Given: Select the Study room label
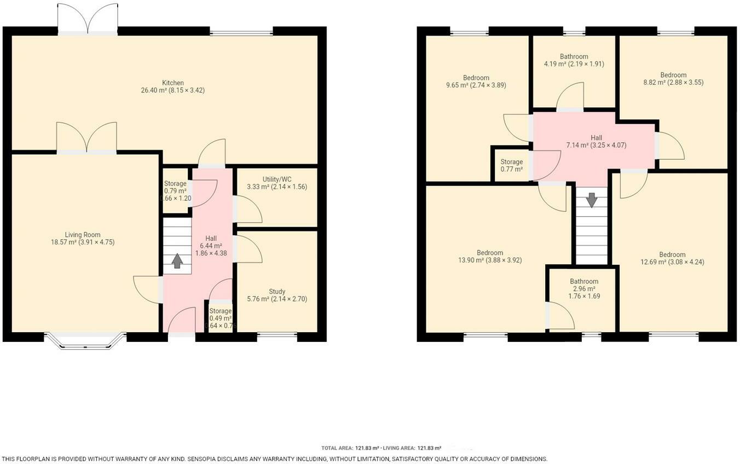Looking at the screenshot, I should point(277,292).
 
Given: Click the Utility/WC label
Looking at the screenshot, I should point(276,179).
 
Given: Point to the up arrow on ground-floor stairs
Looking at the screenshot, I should point(177,260).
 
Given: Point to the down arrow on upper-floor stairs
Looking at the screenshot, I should point(592,200).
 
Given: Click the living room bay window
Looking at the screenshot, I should point(85,340).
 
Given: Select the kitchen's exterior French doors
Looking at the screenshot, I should point(88,20).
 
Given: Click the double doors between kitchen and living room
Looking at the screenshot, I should point(86,138).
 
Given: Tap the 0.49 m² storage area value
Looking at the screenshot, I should point(220,318).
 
